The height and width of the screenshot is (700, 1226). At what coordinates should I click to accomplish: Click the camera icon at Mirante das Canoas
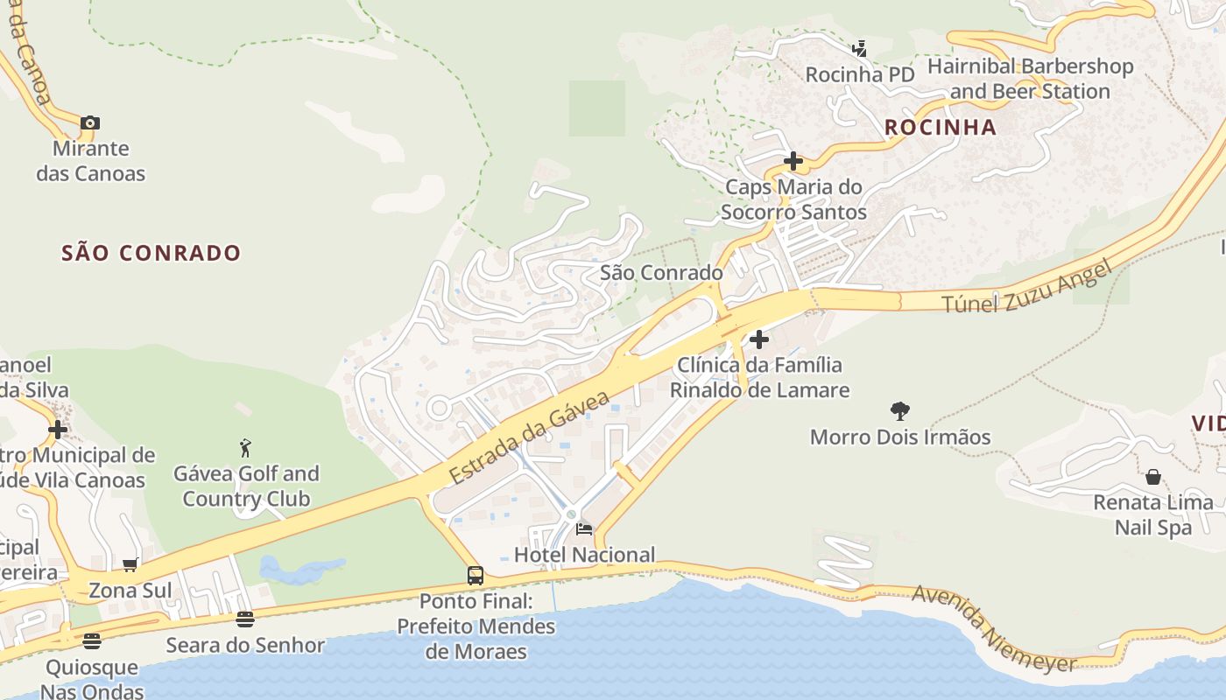coord(90,123)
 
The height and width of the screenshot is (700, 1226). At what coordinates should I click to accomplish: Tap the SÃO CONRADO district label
coord(151,253)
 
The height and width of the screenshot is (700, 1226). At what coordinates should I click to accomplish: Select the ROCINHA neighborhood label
coord(941,127)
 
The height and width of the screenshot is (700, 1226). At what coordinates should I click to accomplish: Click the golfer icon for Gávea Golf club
coord(245,448)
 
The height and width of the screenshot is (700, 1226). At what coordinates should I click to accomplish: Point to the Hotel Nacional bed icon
coord(584,528)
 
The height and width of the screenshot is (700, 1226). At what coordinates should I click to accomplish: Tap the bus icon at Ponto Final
coord(475,576)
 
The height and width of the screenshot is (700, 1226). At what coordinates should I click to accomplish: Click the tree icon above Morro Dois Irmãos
coord(899,410)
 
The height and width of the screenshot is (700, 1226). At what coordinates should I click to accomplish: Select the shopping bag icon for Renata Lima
coord(1153,477)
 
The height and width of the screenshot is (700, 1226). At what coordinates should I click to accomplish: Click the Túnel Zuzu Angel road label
coord(1026,286)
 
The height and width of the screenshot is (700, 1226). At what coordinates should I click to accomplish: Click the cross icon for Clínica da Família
coord(759,339)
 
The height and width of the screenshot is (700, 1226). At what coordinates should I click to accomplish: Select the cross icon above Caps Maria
coord(793,161)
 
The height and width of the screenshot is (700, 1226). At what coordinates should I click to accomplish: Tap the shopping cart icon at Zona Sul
coord(130,565)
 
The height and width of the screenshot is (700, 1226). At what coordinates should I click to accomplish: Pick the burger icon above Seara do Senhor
coord(245,619)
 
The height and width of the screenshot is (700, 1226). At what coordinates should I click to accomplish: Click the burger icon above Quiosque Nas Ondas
coord(92,641)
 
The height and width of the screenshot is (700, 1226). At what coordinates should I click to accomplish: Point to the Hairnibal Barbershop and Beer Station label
coord(1030,79)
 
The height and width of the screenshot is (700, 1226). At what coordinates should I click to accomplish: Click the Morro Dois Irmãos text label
coord(899,437)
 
